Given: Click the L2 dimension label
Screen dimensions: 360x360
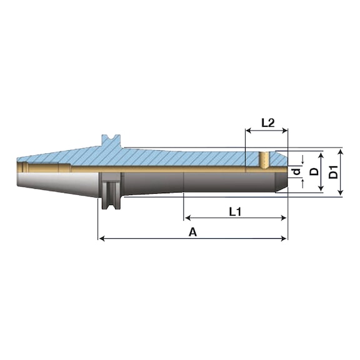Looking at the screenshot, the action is click(268, 123).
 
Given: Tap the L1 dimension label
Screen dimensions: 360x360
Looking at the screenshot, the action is click(236, 212).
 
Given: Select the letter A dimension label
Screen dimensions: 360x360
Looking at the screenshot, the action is click(193, 232).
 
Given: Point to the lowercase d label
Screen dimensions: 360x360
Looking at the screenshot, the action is click(297, 171).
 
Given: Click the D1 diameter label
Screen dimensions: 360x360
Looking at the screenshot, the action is click(333, 172).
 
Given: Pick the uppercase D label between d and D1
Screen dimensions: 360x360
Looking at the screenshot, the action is click(314, 171).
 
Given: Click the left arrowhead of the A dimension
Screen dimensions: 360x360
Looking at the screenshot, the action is click(102, 239).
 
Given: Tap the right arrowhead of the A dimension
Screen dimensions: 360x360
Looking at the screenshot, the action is click(284, 239).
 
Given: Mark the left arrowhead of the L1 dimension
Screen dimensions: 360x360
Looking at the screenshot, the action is click(187, 217).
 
